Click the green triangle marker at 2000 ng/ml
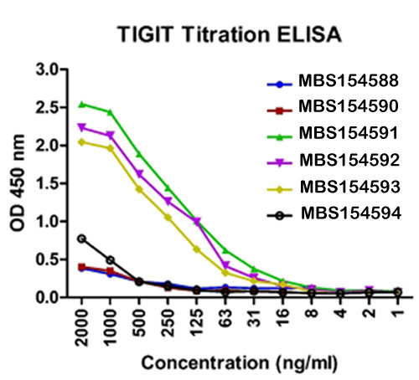point(81,104)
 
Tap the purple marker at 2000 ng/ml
point(81,127)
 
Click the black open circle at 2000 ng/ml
point(81,239)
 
